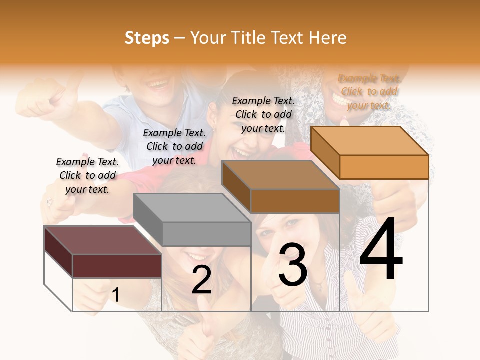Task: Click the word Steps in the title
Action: click(x=147, y=38)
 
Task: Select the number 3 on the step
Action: click(x=293, y=265)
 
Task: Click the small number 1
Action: click(x=115, y=295)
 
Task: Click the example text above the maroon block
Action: click(x=87, y=175)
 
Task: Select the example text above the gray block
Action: click(x=174, y=146)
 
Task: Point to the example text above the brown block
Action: click(x=263, y=114)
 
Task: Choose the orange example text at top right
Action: click(x=369, y=92)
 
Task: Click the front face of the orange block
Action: click(x=384, y=167)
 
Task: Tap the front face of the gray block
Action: click(x=206, y=234)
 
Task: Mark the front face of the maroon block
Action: click(x=117, y=266)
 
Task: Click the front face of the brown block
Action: click(x=295, y=201)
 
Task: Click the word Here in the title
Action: click(x=327, y=38)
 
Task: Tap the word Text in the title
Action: click(x=288, y=38)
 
